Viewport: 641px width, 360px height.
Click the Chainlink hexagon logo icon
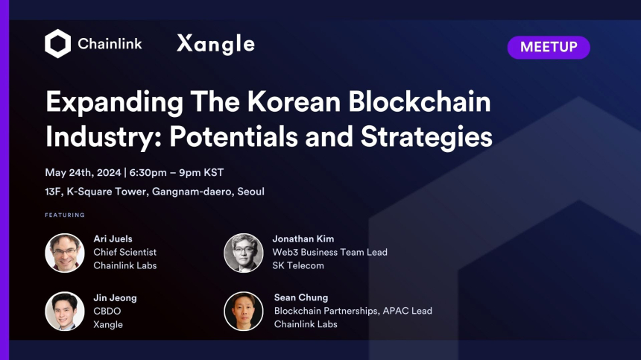tap(57, 44)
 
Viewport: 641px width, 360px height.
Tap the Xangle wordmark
tap(215, 44)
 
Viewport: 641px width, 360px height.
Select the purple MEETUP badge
tap(549, 47)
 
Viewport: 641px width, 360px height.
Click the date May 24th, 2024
tap(83, 172)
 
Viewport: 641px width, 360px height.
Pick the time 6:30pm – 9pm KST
tap(177, 172)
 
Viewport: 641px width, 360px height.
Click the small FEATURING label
tap(65, 215)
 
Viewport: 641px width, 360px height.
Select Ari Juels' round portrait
tap(65, 253)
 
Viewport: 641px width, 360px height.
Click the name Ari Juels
tap(113, 239)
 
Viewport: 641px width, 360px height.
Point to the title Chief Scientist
tap(124, 252)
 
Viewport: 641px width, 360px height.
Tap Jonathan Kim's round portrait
tap(244, 253)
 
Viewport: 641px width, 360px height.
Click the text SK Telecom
tap(298, 265)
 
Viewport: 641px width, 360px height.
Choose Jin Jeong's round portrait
tap(65, 311)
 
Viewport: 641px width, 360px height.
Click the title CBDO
tap(108, 311)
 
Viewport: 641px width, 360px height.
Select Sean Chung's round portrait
tap(244, 311)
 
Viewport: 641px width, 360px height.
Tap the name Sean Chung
tap(301, 297)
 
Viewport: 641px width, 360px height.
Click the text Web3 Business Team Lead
tap(329, 252)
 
